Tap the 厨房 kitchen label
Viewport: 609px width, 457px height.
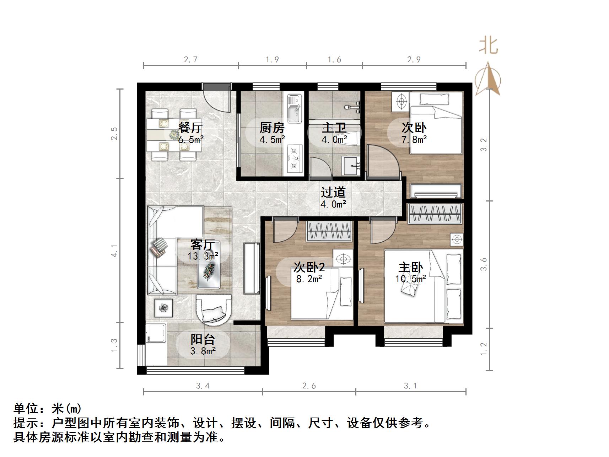tap(272, 127)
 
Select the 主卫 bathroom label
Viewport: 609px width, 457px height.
tap(334, 127)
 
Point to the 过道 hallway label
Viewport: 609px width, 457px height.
tap(333, 192)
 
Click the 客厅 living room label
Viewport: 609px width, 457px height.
tap(203, 244)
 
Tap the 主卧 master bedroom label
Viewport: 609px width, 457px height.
tap(410, 267)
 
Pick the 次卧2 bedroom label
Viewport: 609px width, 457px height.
tap(309, 267)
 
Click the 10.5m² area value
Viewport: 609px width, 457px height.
tap(410, 279)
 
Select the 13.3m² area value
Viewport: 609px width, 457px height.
tap(203, 256)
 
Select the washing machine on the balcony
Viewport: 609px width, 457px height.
tap(156, 333)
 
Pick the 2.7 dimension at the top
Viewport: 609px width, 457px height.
tap(191, 60)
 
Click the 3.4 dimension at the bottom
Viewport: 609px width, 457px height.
tap(203, 386)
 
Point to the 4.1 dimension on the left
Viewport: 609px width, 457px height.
tap(114, 251)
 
